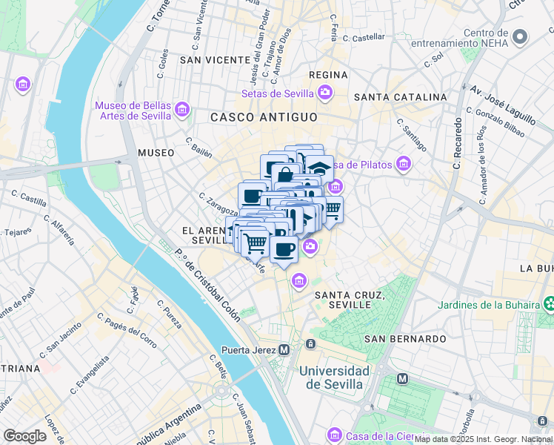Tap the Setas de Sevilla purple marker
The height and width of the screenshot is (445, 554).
(x=324, y=93)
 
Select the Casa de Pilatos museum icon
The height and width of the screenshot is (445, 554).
(x=403, y=163)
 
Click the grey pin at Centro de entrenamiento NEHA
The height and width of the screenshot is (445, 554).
(x=521, y=36)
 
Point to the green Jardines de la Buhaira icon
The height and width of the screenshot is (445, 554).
(x=549, y=303)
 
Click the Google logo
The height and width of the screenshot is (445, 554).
(x=24, y=436)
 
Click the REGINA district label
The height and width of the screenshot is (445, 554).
(x=328, y=75)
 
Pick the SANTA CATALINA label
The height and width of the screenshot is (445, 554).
(x=400, y=97)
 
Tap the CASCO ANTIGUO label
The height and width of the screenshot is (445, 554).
(x=264, y=117)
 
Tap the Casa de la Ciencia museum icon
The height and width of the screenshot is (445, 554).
(x=333, y=434)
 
